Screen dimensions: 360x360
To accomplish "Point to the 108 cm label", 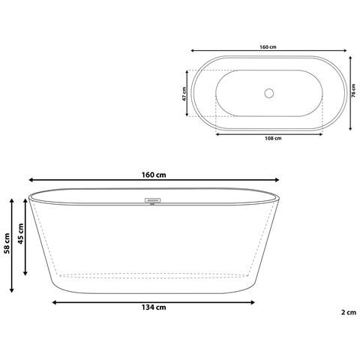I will point(272,139).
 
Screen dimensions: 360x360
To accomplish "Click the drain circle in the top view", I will point(268,93).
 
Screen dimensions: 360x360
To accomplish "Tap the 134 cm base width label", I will point(154,307).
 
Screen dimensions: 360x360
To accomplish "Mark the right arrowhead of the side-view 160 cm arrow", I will point(278,180).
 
